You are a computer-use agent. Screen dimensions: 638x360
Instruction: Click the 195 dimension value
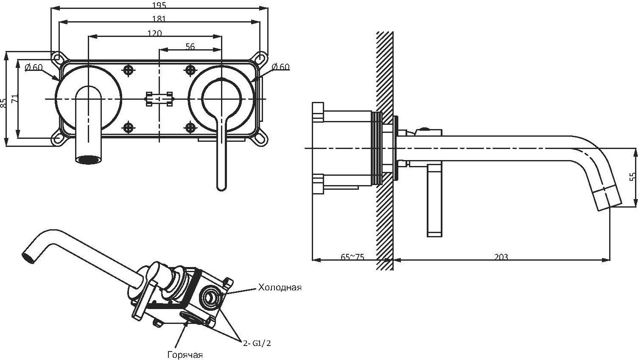tap(159, 5)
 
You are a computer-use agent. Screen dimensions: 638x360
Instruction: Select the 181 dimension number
tap(159, 19)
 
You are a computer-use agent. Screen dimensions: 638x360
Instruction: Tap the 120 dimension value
tap(155, 34)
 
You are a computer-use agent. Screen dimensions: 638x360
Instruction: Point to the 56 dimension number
tap(190, 46)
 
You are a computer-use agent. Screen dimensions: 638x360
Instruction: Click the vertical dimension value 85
tap(3, 103)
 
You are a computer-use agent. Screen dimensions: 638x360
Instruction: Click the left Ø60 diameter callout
tap(34, 67)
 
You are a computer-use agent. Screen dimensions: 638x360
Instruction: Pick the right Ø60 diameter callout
tap(281, 67)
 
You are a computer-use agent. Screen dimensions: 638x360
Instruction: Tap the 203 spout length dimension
tap(501, 257)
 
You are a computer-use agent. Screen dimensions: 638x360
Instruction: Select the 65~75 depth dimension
tap(353, 257)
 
